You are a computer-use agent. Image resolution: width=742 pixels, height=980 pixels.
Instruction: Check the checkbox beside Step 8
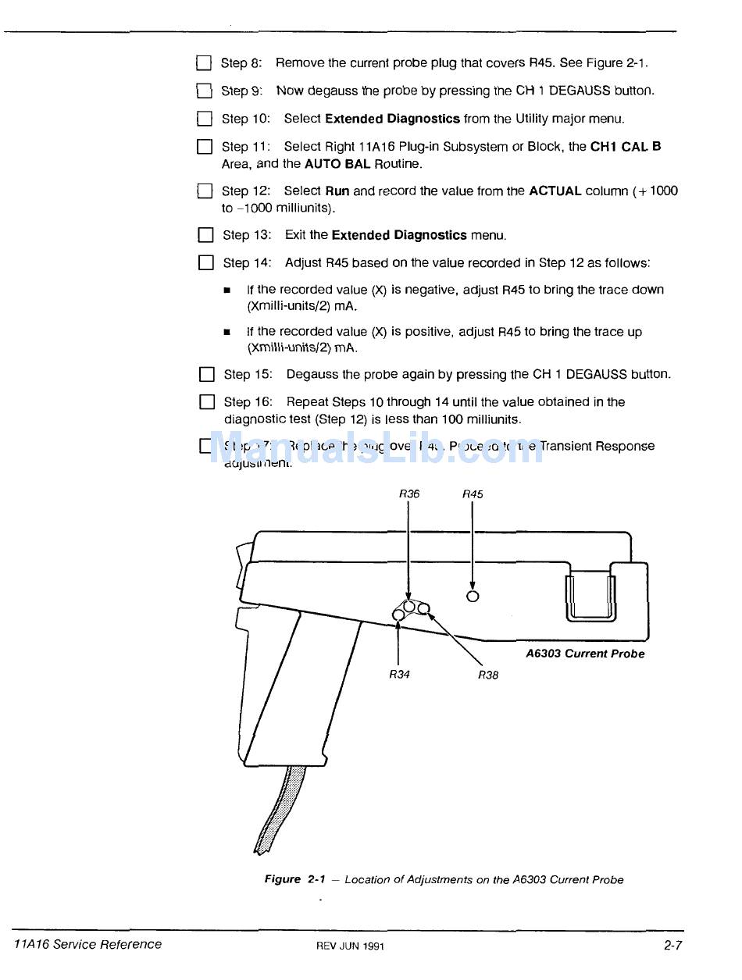(204, 63)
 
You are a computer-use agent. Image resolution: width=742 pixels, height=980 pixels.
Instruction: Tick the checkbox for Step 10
(205, 119)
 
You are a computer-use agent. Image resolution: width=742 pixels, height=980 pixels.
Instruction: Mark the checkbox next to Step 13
(205, 235)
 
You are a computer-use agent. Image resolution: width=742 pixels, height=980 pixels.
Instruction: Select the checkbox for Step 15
(206, 375)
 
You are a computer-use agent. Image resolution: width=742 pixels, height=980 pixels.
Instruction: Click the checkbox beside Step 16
(206, 402)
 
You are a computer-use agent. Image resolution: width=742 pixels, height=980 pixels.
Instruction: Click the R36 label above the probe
(409, 494)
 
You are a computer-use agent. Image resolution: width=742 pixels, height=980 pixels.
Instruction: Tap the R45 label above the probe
(473, 494)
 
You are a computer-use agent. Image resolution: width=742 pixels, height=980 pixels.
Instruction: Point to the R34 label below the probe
(399, 675)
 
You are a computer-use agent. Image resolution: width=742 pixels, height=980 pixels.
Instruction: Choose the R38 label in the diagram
(488, 675)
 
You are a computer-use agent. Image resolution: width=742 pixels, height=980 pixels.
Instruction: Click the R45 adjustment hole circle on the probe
(472, 597)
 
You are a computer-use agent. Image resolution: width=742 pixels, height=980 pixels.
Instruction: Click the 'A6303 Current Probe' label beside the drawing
(585, 654)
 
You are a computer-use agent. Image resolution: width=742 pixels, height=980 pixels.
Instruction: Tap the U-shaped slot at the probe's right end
(590, 595)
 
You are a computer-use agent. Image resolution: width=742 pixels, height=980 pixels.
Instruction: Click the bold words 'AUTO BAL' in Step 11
(337, 164)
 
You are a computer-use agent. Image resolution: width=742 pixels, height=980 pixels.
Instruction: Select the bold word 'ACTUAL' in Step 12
(555, 191)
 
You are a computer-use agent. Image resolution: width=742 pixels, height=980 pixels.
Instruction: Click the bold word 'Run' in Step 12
(337, 191)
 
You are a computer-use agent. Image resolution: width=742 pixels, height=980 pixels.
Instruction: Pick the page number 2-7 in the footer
(673, 945)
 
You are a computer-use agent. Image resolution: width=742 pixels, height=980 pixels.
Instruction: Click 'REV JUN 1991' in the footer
(350, 946)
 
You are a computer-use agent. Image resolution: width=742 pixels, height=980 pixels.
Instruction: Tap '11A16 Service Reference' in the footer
(88, 944)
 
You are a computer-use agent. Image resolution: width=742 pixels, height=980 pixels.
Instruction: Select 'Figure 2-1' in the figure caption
(294, 879)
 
